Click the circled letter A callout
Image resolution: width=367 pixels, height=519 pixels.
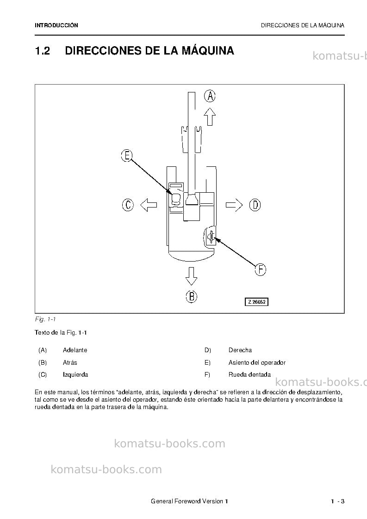pyautogui.click(x=210, y=96)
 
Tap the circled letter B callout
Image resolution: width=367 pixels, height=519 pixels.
pyautogui.click(x=191, y=296)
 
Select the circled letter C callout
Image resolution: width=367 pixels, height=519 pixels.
pyautogui.click(x=128, y=205)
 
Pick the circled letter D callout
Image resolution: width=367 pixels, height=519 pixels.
pyautogui.click(x=255, y=205)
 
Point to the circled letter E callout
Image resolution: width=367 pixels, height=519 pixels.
pyautogui.click(x=127, y=155)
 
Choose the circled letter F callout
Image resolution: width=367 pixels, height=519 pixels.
pyautogui.click(x=261, y=269)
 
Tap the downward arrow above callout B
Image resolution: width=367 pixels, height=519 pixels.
pyautogui.click(x=191, y=276)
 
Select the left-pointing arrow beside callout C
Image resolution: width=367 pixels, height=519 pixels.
pyautogui.click(x=149, y=205)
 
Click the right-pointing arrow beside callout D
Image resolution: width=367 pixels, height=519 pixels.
pyautogui.click(x=234, y=205)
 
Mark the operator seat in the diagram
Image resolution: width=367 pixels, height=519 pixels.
pyautogui.click(x=176, y=198)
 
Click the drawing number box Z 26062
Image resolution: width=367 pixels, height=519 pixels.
pyautogui.click(x=256, y=302)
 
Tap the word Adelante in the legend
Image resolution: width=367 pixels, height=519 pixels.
pyautogui.click(x=75, y=350)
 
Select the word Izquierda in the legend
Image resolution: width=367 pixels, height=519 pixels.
pyautogui.click(x=75, y=375)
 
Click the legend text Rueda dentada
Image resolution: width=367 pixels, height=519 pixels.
pyautogui.click(x=249, y=375)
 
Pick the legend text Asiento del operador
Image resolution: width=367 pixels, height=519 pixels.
pyautogui.click(x=257, y=362)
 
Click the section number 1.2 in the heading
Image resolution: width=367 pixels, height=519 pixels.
pyautogui.click(x=43, y=51)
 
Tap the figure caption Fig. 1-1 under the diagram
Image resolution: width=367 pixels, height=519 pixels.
pyautogui.click(x=45, y=319)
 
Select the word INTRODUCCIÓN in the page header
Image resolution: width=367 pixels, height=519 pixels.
pyautogui.click(x=56, y=25)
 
